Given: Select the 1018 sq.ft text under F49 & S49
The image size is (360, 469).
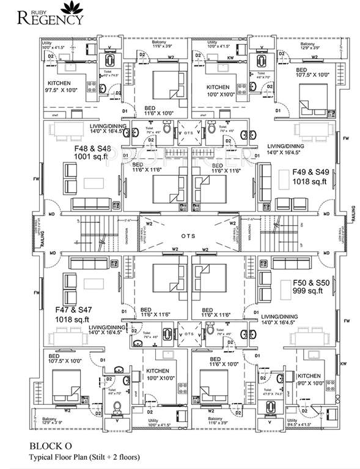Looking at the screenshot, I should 312,181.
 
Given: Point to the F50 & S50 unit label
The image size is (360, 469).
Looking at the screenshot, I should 310,284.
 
